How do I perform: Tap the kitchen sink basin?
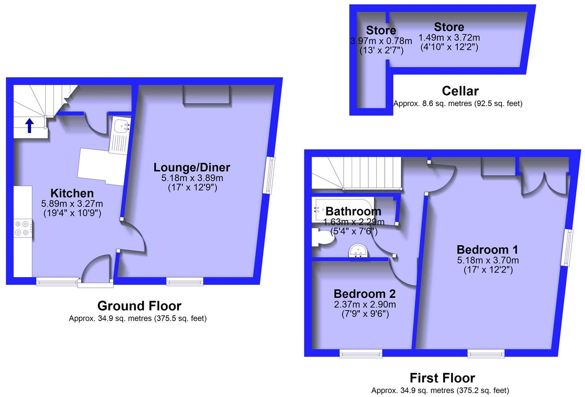click(x=123, y=125)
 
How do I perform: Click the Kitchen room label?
click(x=72, y=193)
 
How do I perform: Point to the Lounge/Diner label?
click(x=192, y=167)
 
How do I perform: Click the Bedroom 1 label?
click(x=487, y=249)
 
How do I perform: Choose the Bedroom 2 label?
click(x=364, y=294)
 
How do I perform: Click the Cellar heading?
click(x=460, y=91)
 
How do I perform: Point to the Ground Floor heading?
click(x=139, y=306)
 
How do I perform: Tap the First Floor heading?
click(x=442, y=378)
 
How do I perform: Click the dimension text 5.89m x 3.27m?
click(x=72, y=204)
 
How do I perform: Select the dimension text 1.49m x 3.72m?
click(x=449, y=38)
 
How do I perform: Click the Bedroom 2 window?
click(x=361, y=353)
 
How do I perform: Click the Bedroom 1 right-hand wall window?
click(x=567, y=248)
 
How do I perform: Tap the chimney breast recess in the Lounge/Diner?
click(x=206, y=94)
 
